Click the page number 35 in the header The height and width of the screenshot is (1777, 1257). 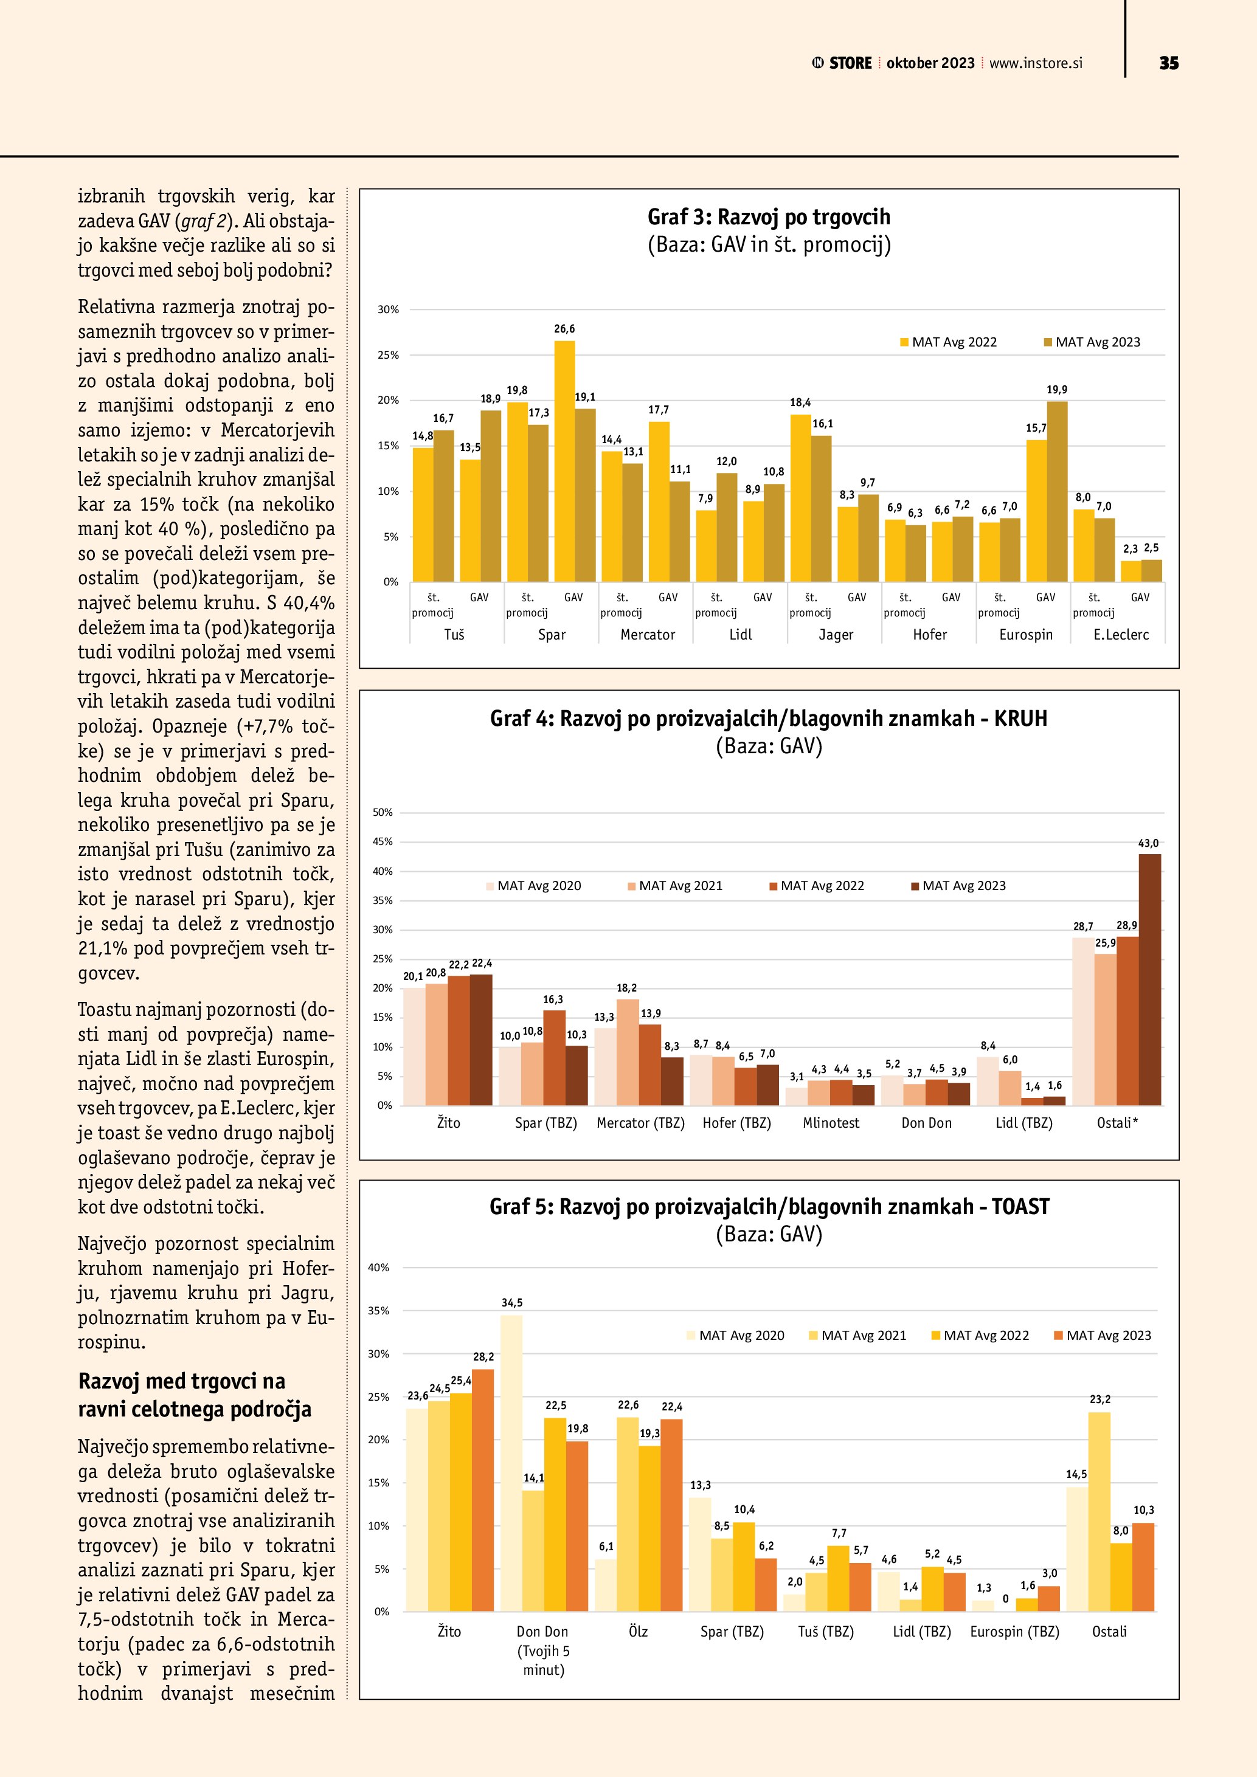[1169, 63]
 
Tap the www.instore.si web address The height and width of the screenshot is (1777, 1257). [1036, 63]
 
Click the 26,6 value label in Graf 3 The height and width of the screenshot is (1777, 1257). [564, 329]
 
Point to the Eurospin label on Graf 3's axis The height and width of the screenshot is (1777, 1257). [1025, 635]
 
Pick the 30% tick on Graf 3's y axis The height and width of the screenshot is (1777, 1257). [388, 309]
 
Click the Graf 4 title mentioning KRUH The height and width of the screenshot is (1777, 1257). [769, 719]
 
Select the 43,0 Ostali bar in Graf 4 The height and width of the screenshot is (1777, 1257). [1149, 979]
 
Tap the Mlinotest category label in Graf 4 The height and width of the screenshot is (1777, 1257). [831, 1123]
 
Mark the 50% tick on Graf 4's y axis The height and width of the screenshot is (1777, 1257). [383, 813]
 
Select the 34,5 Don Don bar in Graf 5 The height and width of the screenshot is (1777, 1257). [511, 1463]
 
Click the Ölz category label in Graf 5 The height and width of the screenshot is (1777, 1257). [638, 1632]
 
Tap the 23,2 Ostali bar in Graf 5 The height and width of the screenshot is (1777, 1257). [1099, 1511]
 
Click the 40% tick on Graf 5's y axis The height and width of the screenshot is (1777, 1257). [378, 1268]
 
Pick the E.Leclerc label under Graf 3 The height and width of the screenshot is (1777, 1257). [1121, 635]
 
